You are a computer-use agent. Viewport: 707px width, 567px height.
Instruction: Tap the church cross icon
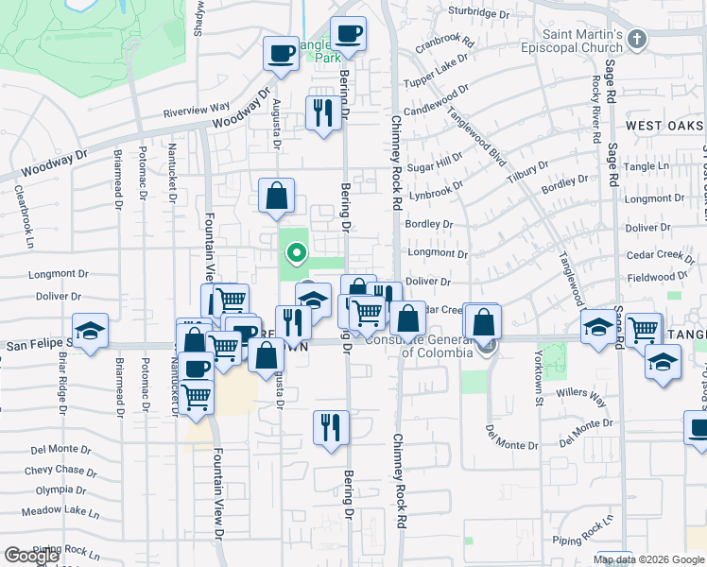pyautogui.click(x=638, y=39)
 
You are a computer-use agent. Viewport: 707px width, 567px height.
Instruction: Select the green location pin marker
pyautogui.click(x=296, y=252)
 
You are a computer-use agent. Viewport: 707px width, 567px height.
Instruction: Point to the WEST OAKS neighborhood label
pyautogui.click(x=664, y=126)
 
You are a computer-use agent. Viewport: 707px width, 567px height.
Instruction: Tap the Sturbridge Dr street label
pyautogui.click(x=485, y=12)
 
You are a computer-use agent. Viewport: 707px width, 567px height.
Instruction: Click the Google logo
pyautogui.click(x=32, y=556)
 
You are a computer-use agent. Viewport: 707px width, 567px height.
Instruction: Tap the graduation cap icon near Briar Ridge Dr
pyautogui.click(x=91, y=331)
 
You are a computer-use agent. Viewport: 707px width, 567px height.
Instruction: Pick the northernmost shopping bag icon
pyautogui.click(x=276, y=196)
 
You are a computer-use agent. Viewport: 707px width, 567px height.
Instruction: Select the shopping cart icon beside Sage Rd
pyautogui.click(x=643, y=330)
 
